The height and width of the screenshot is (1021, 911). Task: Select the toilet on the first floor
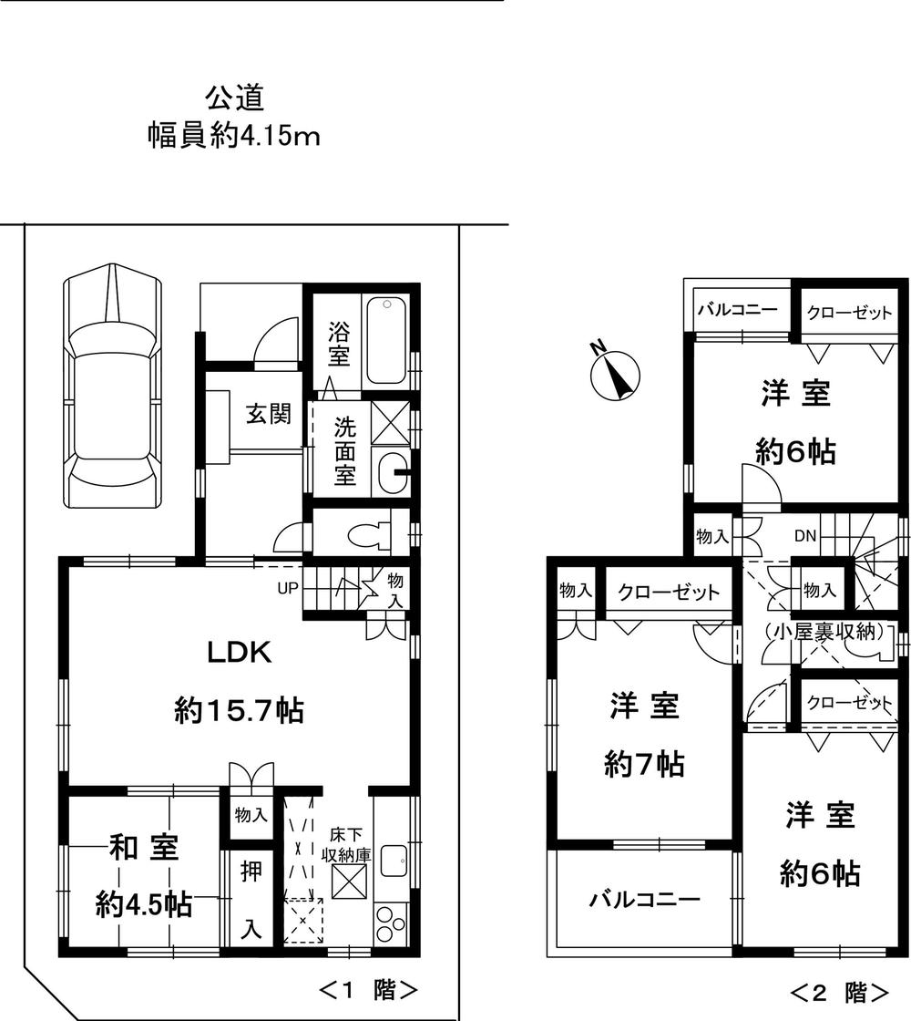click(x=369, y=532)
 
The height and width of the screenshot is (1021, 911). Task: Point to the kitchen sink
click(x=395, y=861)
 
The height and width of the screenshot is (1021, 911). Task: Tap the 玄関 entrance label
click(x=268, y=414)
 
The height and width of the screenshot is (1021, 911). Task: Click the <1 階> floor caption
click(x=368, y=989)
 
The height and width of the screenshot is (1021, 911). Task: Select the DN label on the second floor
click(x=804, y=536)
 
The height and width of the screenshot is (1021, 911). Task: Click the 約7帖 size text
click(x=644, y=764)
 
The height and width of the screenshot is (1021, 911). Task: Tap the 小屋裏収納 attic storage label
click(x=824, y=630)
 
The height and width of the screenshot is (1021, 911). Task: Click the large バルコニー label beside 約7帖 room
click(x=638, y=901)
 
